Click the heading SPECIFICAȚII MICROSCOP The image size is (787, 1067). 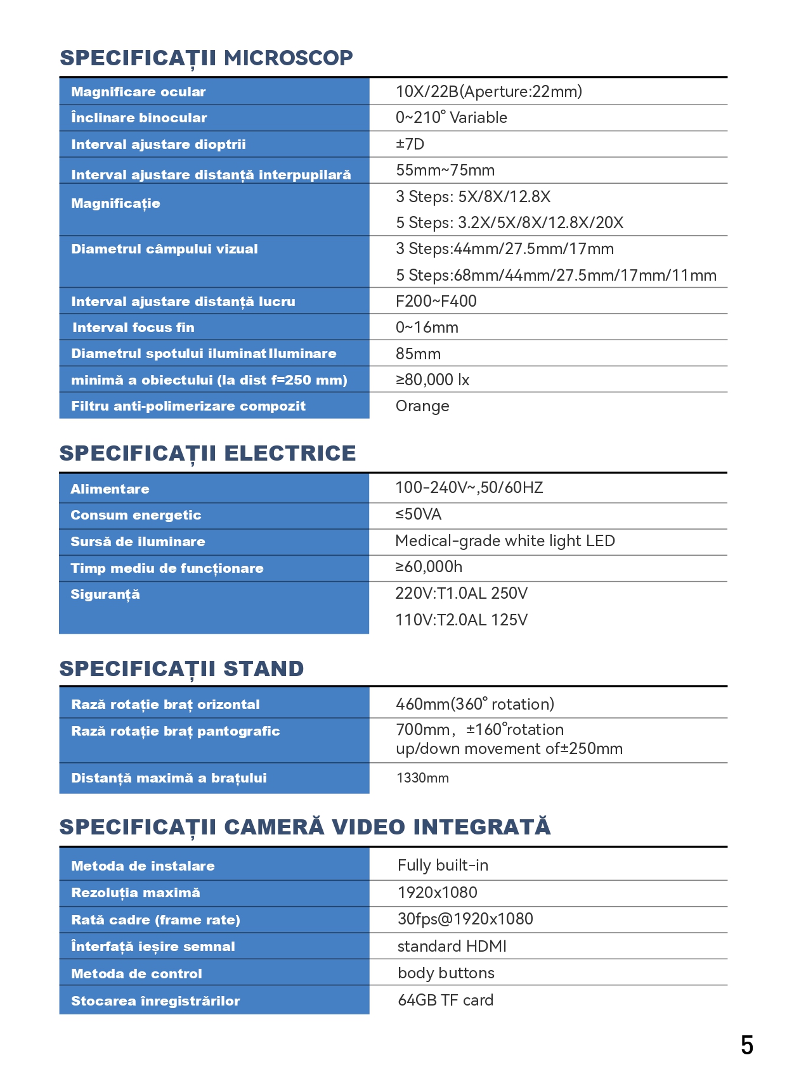pos(206,58)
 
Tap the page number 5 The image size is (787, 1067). pos(746,1045)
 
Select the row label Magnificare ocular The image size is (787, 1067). pos(138,92)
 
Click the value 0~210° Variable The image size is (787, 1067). pos(451,118)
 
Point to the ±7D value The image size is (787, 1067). pos(410,144)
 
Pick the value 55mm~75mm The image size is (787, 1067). pos(445,170)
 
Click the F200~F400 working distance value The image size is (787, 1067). pos(436,302)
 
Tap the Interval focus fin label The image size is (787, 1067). pos(133,328)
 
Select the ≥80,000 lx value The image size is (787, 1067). pos(432,380)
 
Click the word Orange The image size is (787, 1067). pos(422,406)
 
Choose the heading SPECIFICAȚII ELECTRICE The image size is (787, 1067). pos(207,454)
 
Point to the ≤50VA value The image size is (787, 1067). pos(418,514)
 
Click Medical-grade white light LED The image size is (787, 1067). pos(505,541)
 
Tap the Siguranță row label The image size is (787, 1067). pos(105,594)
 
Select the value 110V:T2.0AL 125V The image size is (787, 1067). pos(461,620)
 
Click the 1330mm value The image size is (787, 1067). pos(422,778)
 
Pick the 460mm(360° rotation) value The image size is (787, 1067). pos(474,704)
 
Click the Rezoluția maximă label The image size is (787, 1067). pos(135,893)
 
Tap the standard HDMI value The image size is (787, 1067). pos(452,947)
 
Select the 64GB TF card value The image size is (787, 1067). pos(445,1000)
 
